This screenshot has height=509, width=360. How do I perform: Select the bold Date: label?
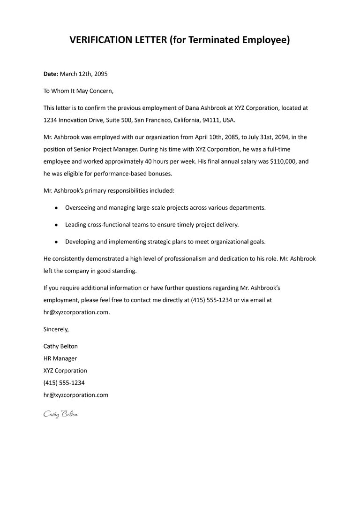tap(51, 74)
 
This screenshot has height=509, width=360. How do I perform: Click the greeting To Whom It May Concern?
tap(78, 91)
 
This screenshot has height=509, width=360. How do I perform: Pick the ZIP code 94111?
tap(211, 120)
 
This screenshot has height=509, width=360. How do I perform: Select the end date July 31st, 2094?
tap(266, 137)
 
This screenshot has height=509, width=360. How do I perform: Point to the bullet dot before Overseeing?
tap(56, 207)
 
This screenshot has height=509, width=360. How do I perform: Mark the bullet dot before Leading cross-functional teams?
tap(56, 225)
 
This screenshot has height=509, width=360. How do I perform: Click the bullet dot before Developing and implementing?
tap(56, 242)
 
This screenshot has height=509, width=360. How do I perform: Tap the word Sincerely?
tap(56, 329)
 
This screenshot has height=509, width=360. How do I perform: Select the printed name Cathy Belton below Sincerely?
tap(60, 346)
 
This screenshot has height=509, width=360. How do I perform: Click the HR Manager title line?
tap(60, 358)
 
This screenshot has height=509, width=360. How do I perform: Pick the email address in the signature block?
tap(75, 395)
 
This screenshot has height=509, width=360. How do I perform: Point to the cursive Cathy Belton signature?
tap(60, 414)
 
